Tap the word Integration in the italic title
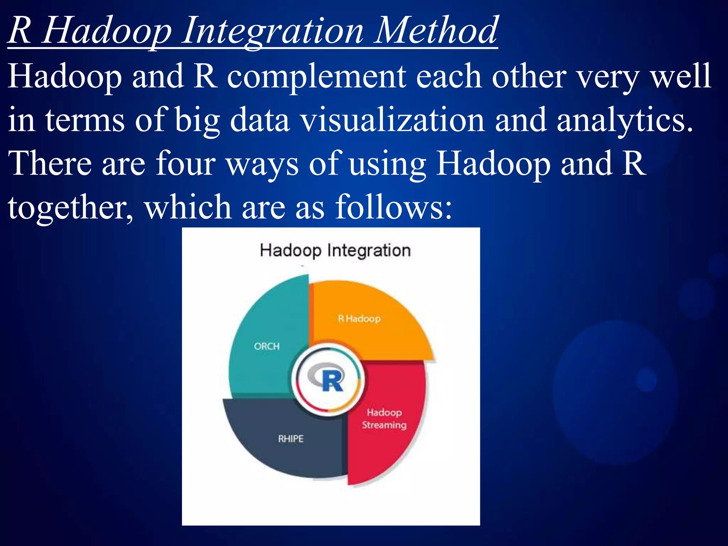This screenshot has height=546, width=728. tap(273, 33)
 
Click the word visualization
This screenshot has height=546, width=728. tap(392, 120)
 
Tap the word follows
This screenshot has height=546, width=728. tap(394, 207)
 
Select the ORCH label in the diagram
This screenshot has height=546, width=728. tap(267, 346)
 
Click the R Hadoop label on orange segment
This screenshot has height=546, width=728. tap(359, 318)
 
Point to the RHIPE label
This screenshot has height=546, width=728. tap(291, 439)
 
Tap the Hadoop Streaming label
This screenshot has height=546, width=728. tap(384, 419)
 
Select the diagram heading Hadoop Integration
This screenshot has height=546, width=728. tap(335, 251)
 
